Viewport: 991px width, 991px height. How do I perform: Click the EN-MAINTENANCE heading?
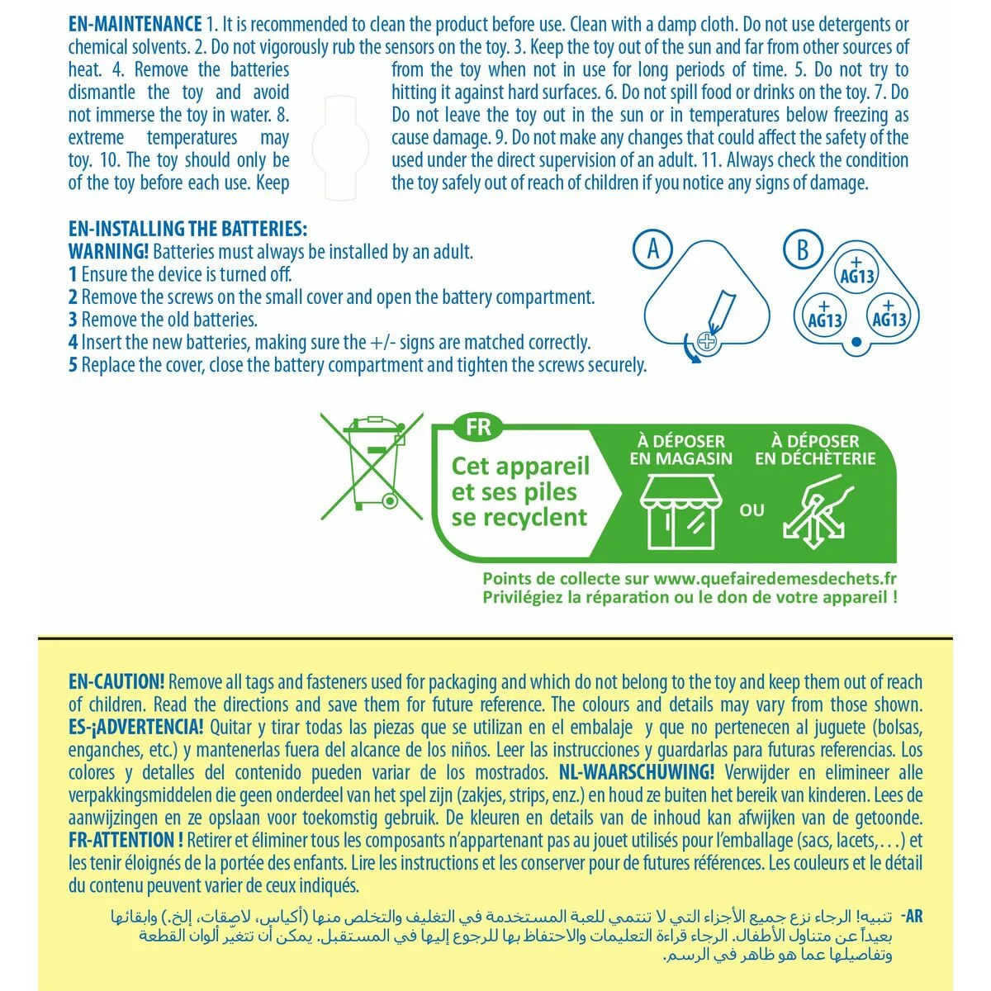[135, 25]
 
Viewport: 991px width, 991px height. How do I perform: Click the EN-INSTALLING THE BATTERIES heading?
[187, 229]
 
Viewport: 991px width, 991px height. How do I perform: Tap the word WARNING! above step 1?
[109, 251]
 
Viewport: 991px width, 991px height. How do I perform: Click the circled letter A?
[652, 249]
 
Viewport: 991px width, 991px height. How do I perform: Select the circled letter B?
[802, 249]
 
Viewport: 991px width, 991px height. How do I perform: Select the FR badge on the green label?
[478, 427]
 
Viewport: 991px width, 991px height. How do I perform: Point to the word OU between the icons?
[752, 510]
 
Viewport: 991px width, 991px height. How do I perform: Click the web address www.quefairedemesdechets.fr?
[776, 580]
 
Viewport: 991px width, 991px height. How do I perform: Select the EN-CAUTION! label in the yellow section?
[116, 682]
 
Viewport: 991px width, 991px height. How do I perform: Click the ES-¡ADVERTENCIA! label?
[135, 728]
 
